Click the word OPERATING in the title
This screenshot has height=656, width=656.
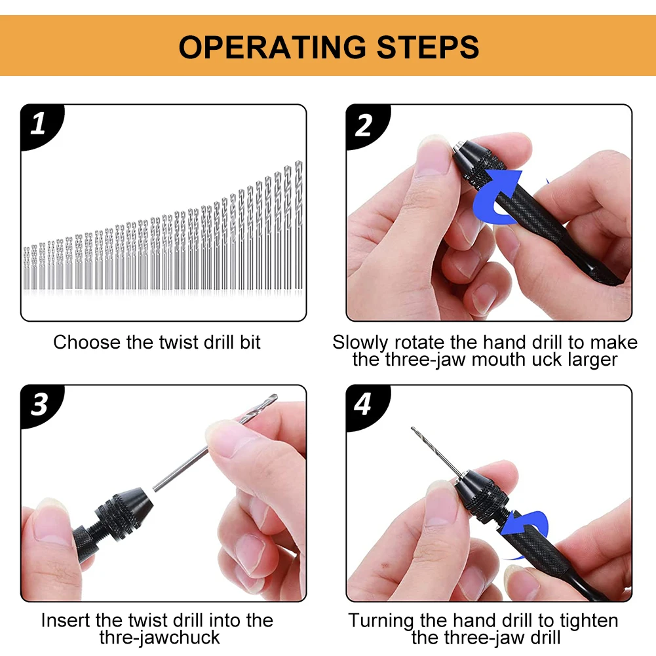pyautogui.click(x=273, y=47)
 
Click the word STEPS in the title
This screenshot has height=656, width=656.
pyautogui.click(x=427, y=47)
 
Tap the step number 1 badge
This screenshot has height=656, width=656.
pyautogui.click(x=41, y=126)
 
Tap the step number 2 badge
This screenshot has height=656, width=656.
pyautogui.click(x=366, y=126)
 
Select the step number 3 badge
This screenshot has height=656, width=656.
pyautogui.click(x=41, y=405)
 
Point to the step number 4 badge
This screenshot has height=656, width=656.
pyautogui.click(x=366, y=405)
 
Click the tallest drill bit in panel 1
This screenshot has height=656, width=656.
pyautogui.click(x=298, y=225)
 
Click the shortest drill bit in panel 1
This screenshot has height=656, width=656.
pyautogui.click(x=26, y=268)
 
